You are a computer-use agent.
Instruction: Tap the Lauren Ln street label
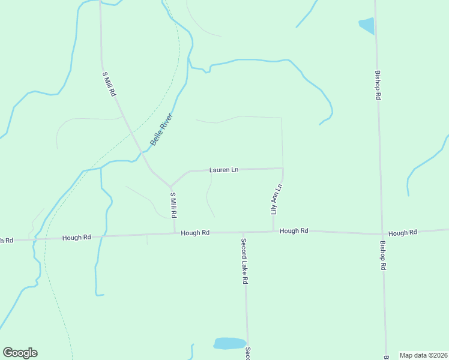click(224, 170)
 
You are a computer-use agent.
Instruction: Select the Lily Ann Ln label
click(276, 199)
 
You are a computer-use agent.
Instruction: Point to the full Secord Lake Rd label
click(244, 262)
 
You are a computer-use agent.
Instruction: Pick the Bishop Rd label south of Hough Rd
click(382, 256)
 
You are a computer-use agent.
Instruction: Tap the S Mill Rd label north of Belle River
click(109, 84)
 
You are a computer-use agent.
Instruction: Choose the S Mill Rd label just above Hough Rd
click(173, 205)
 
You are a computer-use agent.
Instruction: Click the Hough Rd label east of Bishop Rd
click(402, 233)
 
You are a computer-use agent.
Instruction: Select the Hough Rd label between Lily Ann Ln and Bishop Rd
click(294, 230)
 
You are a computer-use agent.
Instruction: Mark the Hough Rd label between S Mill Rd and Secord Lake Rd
click(195, 232)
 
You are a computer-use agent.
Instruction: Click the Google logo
click(20, 353)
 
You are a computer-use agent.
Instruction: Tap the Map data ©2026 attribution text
click(423, 355)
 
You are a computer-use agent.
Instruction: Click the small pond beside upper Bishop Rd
click(367, 25)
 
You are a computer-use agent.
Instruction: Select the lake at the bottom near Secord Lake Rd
click(229, 343)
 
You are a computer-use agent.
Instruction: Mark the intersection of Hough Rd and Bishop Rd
click(382, 233)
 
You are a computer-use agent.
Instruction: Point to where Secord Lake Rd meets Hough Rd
click(243, 233)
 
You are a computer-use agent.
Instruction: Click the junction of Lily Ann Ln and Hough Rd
click(274, 232)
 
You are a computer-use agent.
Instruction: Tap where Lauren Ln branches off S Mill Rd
click(171, 185)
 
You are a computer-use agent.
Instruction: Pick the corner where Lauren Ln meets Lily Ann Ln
click(283, 169)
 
